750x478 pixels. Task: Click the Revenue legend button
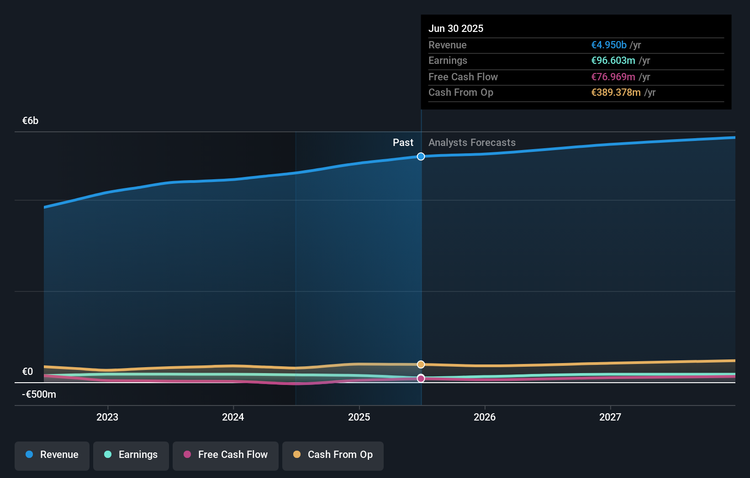pyautogui.click(x=52, y=455)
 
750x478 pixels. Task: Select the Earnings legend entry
pyautogui.click(x=131, y=455)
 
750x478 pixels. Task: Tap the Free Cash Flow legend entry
pyautogui.click(x=226, y=455)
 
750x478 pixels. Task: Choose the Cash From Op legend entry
pyautogui.click(x=333, y=455)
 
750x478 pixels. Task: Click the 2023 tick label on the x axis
pyautogui.click(x=107, y=417)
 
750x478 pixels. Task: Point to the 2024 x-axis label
pyautogui.click(x=233, y=417)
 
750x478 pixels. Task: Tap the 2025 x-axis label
pyautogui.click(x=359, y=417)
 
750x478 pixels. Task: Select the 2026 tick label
pyautogui.click(x=485, y=417)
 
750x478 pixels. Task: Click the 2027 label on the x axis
pyautogui.click(x=610, y=417)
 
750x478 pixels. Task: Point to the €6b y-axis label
pyautogui.click(x=30, y=121)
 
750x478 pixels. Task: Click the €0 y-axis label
pyautogui.click(x=27, y=372)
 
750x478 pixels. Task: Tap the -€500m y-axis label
pyautogui.click(x=39, y=395)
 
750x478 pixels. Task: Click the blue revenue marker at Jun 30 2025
pyautogui.click(x=421, y=156)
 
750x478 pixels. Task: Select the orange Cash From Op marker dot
pyautogui.click(x=421, y=364)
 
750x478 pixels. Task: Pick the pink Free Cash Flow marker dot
pyautogui.click(x=421, y=379)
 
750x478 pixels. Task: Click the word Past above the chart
pyautogui.click(x=403, y=143)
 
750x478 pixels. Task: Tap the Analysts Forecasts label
pyautogui.click(x=472, y=143)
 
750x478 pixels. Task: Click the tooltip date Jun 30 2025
pyautogui.click(x=455, y=28)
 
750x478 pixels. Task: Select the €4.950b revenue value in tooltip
pyautogui.click(x=608, y=45)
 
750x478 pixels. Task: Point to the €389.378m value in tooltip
pyautogui.click(x=616, y=93)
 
